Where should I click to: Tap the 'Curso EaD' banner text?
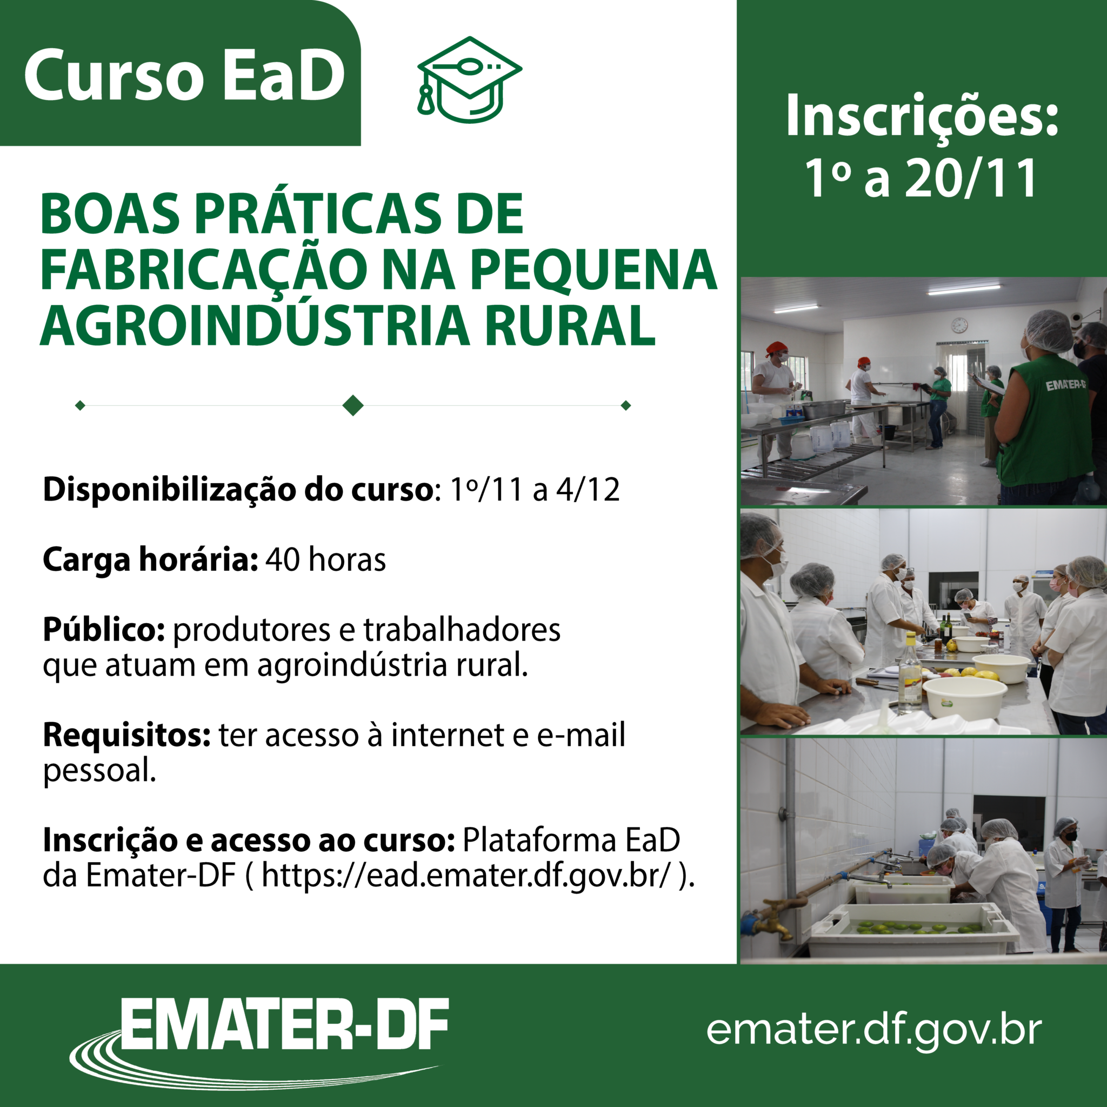point(184,75)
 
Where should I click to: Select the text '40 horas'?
point(325,560)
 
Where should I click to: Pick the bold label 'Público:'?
point(104,630)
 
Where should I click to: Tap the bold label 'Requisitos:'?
point(127,735)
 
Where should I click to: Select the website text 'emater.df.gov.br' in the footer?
point(875,1029)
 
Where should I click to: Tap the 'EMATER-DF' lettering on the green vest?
point(1065,384)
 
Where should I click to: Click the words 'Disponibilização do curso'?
point(237,490)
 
